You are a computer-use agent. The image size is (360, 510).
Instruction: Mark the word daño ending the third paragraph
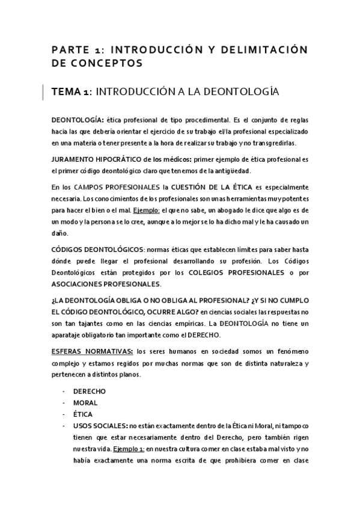[60, 234]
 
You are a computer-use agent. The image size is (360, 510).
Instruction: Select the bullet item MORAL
[85, 403]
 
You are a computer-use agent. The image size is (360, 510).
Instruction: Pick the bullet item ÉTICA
[83, 414]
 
